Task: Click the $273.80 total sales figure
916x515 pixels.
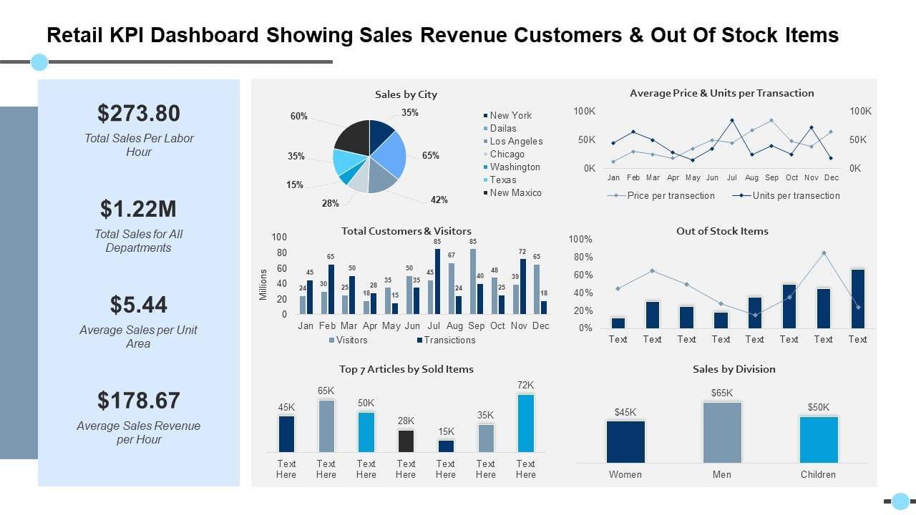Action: pyautogui.click(x=139, y=113)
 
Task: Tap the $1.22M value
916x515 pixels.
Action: pyautogui.click(x=139, y=209)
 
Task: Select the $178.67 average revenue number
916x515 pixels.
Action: pyautogui.click(x=139, y=401)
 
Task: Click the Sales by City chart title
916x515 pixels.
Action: pyautogui.click(x=406, y=94)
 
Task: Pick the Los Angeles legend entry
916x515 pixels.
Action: pyautogui.click(x=516, y=142)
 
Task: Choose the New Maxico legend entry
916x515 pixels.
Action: pyautogui.click(x=515, y=193)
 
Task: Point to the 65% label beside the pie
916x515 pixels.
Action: pyautogui.click(x=431, y=156)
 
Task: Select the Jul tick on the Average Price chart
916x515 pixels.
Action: pyautogui.click(x=731, y=177)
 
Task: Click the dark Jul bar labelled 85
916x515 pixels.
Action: pyautogui.click(x=437, y=281)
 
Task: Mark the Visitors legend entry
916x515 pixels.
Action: pyautogui.click(x=351, y=340)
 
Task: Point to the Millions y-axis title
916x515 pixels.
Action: pyautogui.click(x=263, y=284)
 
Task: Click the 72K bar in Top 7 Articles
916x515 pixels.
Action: pyautogui.click(x=525, y=423)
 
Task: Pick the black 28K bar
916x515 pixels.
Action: pyautogui.click(x=406, y=441)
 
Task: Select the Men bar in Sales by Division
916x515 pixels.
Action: pyautogui.click(x=722, y=432)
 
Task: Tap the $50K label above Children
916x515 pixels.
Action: pyautogui.click(x=818, y=408)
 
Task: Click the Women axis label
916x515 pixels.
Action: pyautogui.click(x=625, y=475)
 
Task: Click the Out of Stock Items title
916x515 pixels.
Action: pyautogui.click(x=722, y=231)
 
